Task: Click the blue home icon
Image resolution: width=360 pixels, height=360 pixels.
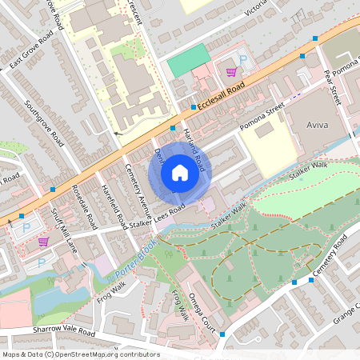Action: (179, 173)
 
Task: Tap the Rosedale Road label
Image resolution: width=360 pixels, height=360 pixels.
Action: (84, 208)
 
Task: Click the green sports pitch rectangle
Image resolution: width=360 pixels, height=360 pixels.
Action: (188, 60)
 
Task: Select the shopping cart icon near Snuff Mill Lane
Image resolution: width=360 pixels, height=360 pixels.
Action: (42, 241)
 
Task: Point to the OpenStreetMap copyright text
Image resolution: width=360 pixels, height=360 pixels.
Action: (81, 354)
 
